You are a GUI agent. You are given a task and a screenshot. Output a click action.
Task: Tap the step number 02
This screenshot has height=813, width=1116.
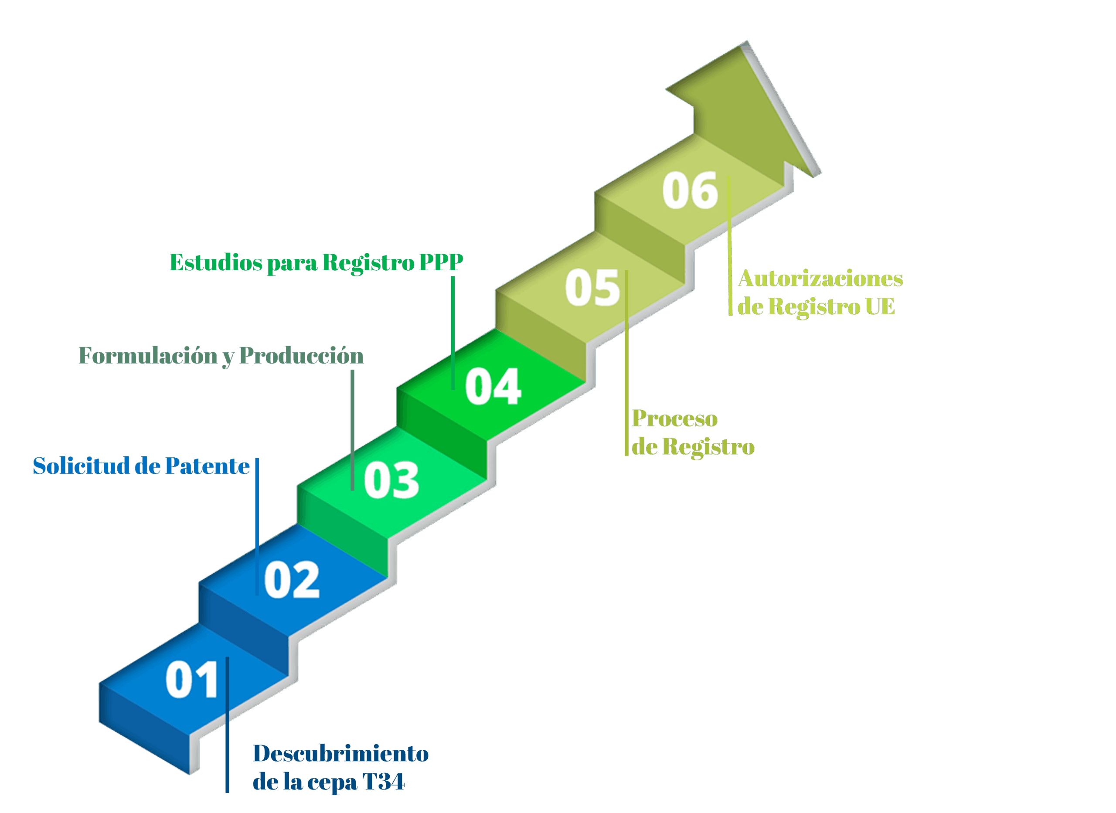click(x=292, y=580)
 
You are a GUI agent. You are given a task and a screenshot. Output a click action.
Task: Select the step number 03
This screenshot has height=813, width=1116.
click(x=391, y=480)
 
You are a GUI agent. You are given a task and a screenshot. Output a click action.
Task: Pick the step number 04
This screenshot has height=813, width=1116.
click(x=493, y=386)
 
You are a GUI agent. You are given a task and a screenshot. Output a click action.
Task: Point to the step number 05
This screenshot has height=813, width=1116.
click(x=592, y=288)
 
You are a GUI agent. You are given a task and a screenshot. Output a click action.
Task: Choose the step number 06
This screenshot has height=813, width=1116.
click(x=690, y=190)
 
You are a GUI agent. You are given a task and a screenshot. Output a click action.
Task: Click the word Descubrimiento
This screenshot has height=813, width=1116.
click(x=340, y=753)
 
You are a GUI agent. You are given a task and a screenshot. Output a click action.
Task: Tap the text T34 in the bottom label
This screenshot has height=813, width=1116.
click(x=383, y=782)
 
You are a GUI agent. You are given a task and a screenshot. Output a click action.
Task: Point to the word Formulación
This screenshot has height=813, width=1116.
click(x=148, y=356)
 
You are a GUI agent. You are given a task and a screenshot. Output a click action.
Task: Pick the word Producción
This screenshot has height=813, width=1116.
click(x=301, y=355)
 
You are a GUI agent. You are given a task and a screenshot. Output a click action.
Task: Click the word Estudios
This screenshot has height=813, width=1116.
click(x=216, y=262)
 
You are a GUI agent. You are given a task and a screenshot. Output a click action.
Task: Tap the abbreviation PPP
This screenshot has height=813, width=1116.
click(x=441, y=262)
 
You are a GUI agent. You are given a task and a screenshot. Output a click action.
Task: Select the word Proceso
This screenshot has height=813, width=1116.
click(x=675, y=418)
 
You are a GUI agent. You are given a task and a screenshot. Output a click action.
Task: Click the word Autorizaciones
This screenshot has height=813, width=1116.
click(x=820, y=278)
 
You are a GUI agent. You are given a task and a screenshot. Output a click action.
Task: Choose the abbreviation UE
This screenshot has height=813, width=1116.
click(x=880, y=306)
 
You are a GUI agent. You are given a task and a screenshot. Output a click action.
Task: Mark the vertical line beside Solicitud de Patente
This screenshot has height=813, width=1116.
click(x=257, y=527)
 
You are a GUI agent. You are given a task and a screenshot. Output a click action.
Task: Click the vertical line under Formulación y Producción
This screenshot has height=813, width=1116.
click(x=352, y=430)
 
